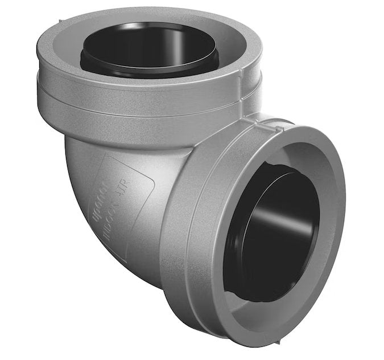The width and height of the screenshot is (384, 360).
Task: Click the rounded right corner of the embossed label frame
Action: pos(151,182)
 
